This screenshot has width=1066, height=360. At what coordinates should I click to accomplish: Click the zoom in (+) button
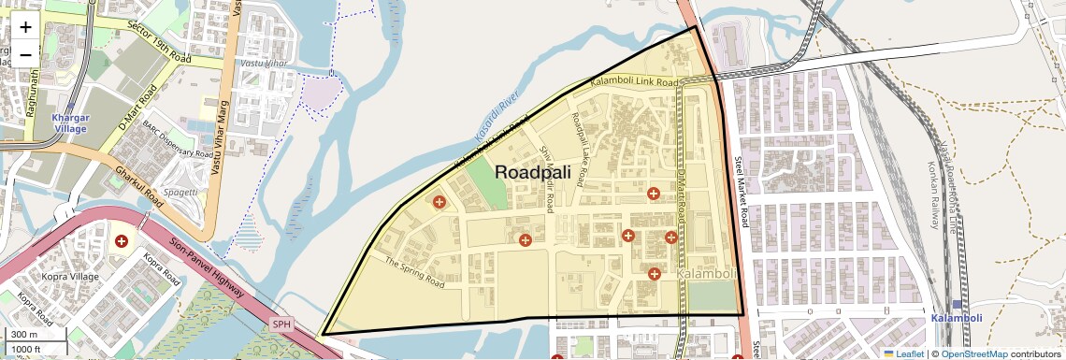pos(25,28)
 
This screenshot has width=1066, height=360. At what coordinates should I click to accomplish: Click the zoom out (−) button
pos(25,53)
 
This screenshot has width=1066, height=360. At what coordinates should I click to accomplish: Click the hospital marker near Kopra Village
pos(121,241)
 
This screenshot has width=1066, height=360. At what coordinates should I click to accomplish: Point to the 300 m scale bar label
pos(23,335)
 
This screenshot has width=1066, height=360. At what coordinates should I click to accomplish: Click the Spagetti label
pos(181,192)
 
